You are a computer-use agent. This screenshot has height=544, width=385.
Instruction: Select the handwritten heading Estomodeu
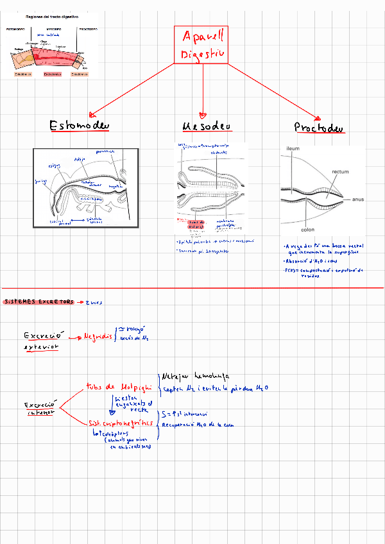pyautogui.click(x=80, y=125)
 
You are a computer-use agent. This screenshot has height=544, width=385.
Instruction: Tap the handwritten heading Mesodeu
pyautogui.click(x=207, y=125)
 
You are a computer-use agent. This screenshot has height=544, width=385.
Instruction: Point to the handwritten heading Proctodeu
pyautogui.click(x=319, y=127)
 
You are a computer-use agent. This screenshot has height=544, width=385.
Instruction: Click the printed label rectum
pyautogui.click(x=340, y=172)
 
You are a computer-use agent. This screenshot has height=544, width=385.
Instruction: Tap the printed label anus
pyautogui.click(x=358, y=200)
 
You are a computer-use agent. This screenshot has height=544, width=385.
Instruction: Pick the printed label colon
pyautogui.click(x=307, y=229)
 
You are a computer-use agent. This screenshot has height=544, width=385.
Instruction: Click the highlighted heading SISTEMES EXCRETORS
pyautogui.click(x=38, y=302)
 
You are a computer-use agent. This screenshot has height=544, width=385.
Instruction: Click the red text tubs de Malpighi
pyautogui.click(x=119, y=387)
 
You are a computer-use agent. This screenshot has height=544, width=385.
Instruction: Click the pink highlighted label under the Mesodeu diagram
pyautogui.click(x=196, y=225)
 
